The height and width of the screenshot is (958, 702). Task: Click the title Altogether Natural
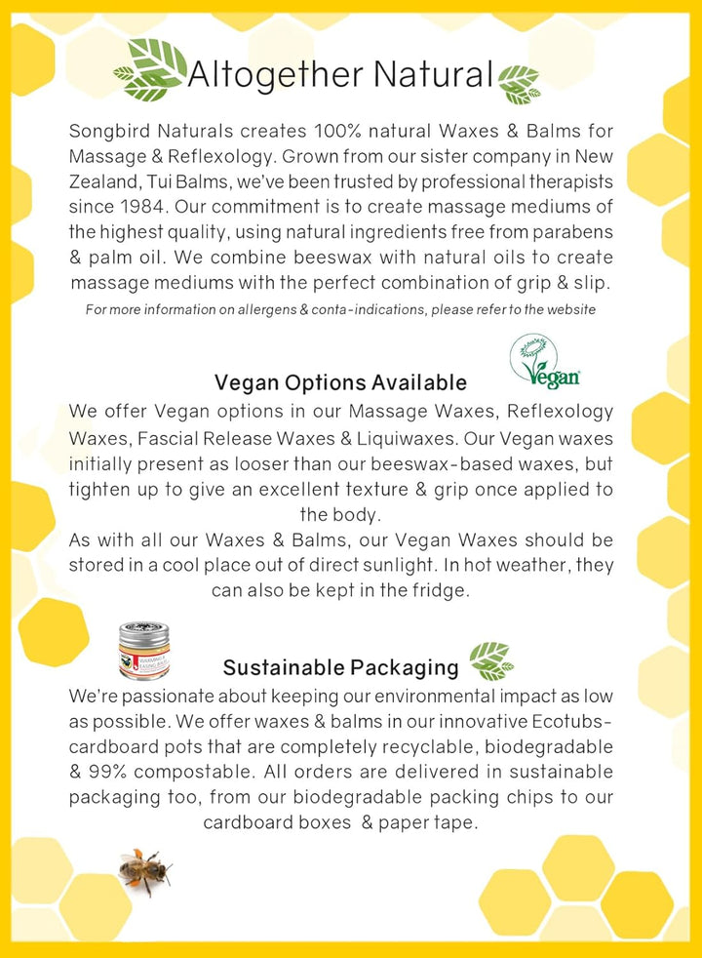click(340, 73)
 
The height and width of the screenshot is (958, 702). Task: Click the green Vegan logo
click(544, 362)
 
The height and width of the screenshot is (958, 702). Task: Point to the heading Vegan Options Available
click(340, 382)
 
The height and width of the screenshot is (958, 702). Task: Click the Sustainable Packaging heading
click(340, 667)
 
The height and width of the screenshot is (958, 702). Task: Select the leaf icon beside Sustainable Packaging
click(491, 661)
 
